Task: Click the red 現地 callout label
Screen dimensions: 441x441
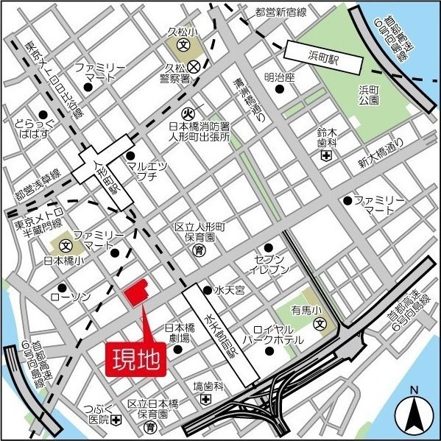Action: [x=137, y=359]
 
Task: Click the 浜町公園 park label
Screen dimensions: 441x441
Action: [x=367, y=95]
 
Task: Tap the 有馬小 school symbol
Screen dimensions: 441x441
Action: [x=320, y=324]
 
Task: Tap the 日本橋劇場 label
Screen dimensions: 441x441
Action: [x=178, y=333]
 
